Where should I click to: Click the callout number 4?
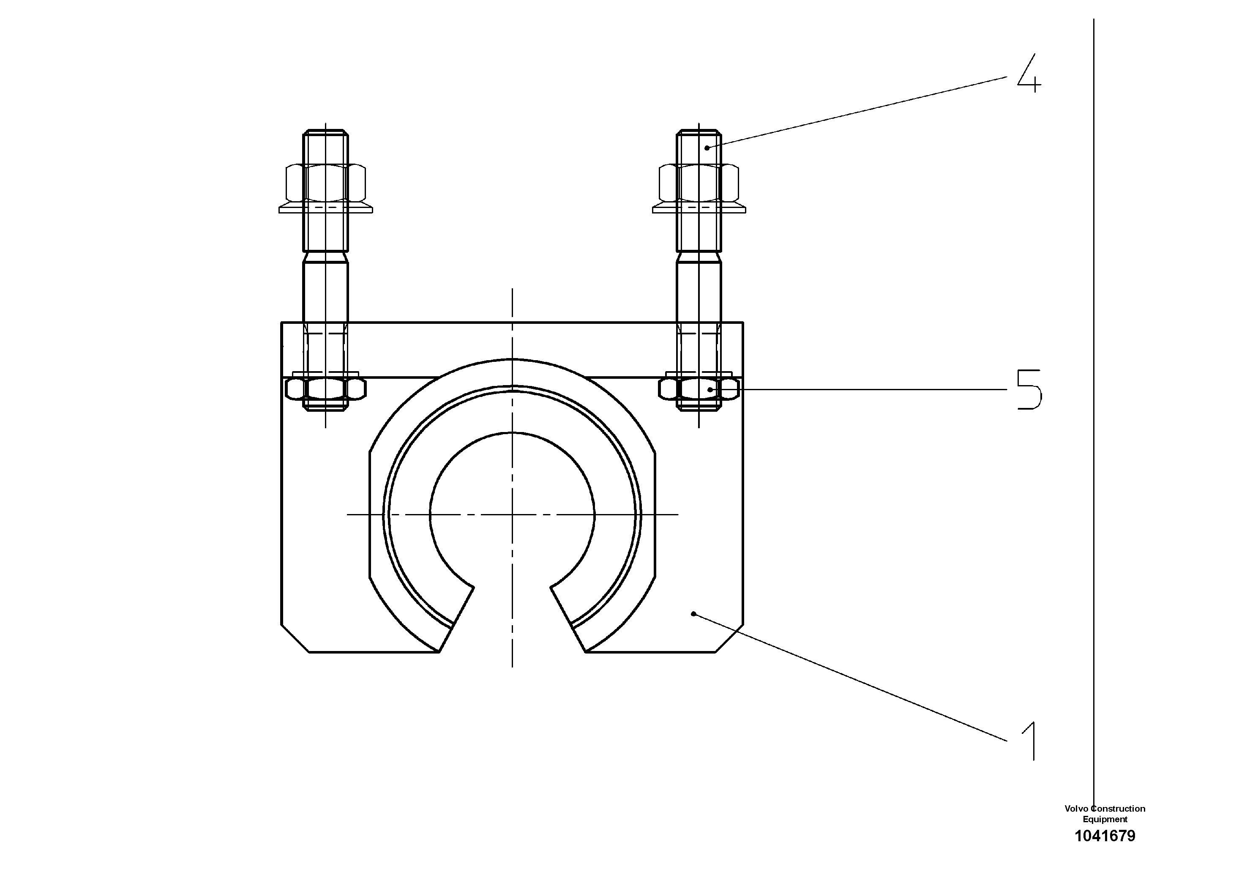tap(1029, 73)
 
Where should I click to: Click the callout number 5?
tap(1029, 389)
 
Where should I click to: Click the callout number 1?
tap(1029, 741)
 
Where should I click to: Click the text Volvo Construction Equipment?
tap(1105, 814)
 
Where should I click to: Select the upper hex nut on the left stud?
tap(325, 183)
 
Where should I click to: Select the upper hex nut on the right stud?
tap(699, 183)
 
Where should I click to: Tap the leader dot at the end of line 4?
tap(707, 148)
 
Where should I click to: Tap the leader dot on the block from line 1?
tap(693, 614)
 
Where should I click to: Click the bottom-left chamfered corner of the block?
tap(295, 638)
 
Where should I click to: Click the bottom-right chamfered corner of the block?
tap(730, 638)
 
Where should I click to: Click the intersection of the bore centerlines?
tap(512, 514)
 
